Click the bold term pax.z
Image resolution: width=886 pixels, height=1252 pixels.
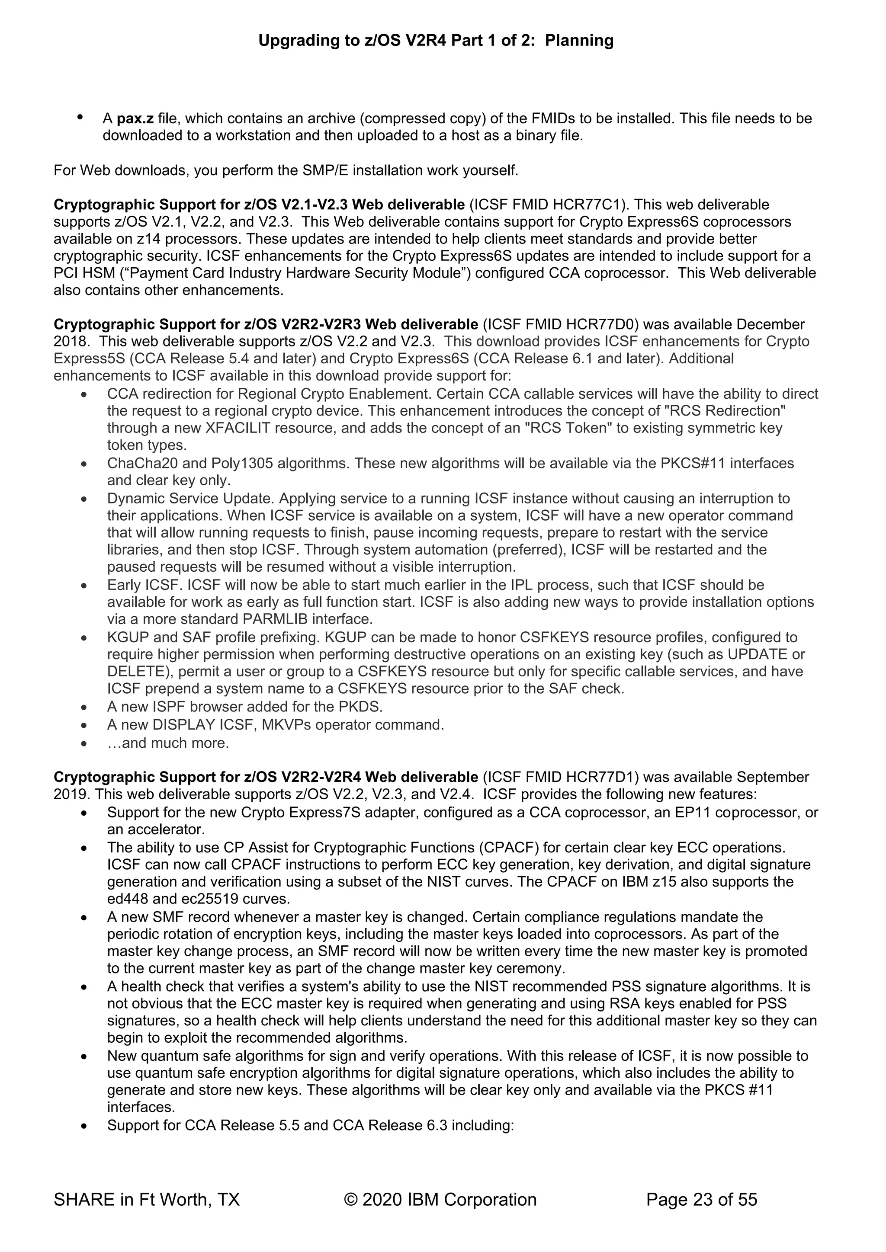pyautogui.click(x=135, y=118)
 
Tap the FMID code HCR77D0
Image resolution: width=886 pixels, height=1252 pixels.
pyautogui.click(x=603, y=324)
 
